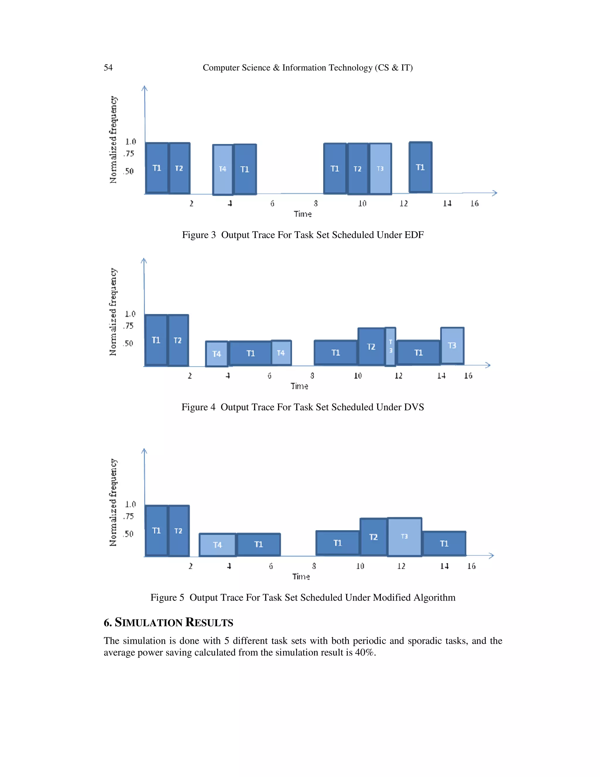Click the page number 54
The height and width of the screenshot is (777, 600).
tap(108, 68)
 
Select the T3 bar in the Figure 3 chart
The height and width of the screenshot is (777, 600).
tap(380, 169)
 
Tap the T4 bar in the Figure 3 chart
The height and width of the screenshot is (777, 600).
tap(223, 169)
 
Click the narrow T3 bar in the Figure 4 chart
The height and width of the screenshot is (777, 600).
tap(390, 347)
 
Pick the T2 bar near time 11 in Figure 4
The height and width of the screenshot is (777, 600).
tap(371, 347)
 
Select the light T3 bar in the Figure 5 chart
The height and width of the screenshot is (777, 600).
tap(405, 537)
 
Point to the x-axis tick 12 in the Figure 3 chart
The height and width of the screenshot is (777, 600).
tap(403, 203)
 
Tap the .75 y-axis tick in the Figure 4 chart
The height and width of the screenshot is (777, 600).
tap(128, 326)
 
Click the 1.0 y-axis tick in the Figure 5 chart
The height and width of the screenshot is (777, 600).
tap(130, 504)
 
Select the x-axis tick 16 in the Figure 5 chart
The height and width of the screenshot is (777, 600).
tap(471, 566)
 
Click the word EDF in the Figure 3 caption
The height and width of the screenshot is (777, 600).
tap(414, 235)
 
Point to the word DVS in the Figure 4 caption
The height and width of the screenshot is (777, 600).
tap(414, 407)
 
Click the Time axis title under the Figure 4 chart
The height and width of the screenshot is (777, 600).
tap(299, 386)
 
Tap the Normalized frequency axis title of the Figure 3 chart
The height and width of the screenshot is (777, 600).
tap(113, 140)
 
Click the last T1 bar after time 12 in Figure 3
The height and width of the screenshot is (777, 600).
tap(420, 167)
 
